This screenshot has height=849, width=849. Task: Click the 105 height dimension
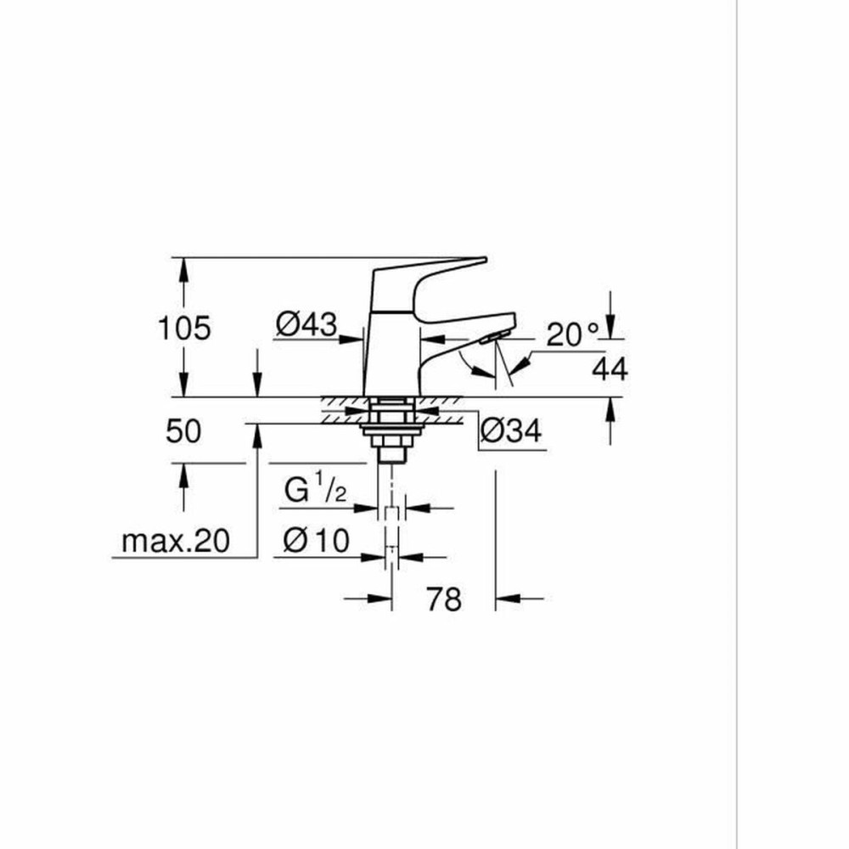(184, 327)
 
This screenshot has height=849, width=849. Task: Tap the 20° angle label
(573, 335)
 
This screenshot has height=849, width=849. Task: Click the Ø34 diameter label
(510, 431)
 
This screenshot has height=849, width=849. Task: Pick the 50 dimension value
(183, 431)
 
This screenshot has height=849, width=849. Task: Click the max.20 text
(176, 542)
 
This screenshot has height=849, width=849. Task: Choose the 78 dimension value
(443, 599)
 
